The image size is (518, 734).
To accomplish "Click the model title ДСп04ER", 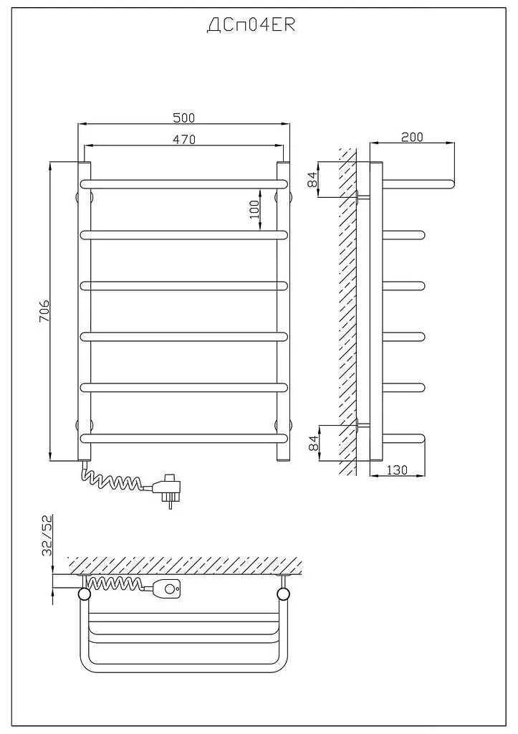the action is tap(251, 25).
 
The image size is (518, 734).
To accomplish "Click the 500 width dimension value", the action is tap(184, 118).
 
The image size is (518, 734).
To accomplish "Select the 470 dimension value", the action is tap(184, 139).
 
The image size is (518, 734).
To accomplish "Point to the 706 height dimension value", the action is tap(44, 310).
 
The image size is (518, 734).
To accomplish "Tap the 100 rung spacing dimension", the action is tap(254, 211).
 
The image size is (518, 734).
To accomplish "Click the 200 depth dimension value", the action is tap(412, 137).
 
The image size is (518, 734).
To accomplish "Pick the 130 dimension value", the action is tap(398, 470).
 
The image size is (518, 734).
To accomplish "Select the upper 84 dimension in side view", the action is tap(313, 178).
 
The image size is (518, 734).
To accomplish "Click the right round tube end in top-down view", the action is tap(284, 594).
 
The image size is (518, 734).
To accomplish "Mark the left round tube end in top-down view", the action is tap(85, 594).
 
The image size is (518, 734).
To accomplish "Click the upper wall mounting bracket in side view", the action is tap(363, 196).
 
